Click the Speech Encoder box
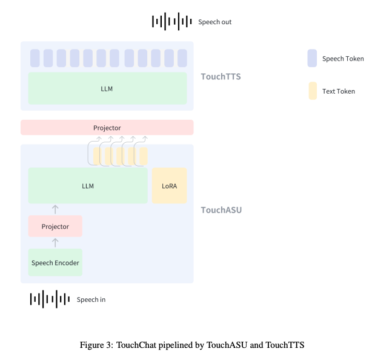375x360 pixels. click(55, 263)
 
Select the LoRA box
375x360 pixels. click(169, 186)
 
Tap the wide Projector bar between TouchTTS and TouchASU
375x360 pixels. click(107, 128)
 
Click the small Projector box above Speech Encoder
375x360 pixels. click(55, 226)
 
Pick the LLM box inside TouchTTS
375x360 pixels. click(107, 88)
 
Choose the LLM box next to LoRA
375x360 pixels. click(88, 186)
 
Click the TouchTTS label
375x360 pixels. click(221, 77)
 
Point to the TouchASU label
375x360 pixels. click(221, 210)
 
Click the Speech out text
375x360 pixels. click(214, 22)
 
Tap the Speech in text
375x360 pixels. click(91, 299)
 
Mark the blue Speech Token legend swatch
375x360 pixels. click(312, 58)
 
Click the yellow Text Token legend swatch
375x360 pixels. click(313, 91)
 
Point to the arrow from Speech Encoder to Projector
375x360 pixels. click(55, 243)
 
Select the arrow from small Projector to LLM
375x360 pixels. click(55, 209)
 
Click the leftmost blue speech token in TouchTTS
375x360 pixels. click(35, 58)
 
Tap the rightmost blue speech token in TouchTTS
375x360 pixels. click(182, 58)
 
